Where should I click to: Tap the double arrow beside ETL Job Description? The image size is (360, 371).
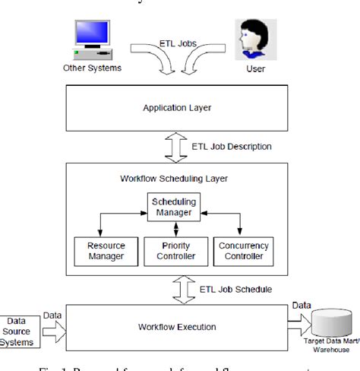176,146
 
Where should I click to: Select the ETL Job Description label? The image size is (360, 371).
231,146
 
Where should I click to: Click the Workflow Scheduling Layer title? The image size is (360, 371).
175,179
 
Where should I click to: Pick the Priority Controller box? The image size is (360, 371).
175,252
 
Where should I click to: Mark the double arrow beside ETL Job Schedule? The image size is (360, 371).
176,289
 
